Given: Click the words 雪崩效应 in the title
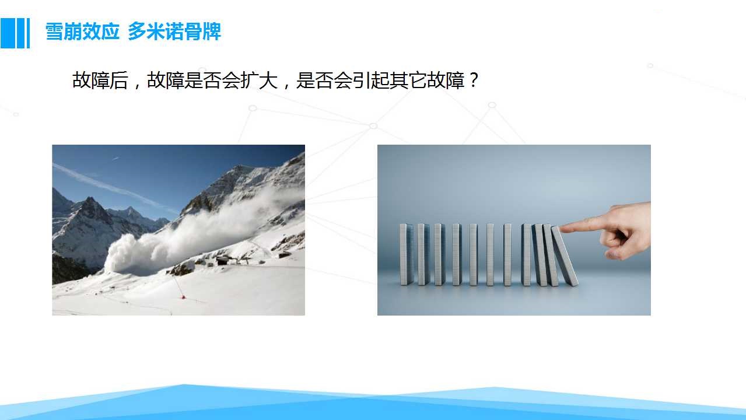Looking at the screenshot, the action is coord(82,32).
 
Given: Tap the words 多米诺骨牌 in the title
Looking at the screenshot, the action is coord(174,32).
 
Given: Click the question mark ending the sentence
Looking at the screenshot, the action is coord(474,80).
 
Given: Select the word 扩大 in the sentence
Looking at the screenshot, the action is coord(259,80).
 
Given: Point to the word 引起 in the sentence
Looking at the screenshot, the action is coord(372,80).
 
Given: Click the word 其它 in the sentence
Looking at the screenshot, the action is coord(409,80).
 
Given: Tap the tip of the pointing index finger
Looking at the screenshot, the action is coord(562,229).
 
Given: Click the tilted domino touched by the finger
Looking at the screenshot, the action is coord(565,256).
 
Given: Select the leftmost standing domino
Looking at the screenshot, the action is coord(405,254).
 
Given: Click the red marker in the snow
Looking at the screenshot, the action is coord(183,297).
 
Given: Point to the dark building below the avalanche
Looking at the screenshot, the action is coord(223,261).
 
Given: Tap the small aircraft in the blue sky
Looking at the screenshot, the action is coord(115,158).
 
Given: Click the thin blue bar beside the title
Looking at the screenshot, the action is coord(28,33).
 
